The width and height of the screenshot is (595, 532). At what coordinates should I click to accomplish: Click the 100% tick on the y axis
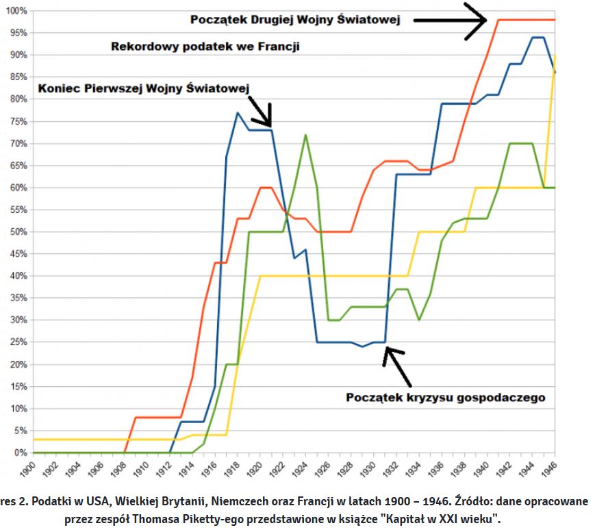click(x=15, y=11)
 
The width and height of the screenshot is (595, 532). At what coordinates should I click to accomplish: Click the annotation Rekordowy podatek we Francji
click(x=205, y=47)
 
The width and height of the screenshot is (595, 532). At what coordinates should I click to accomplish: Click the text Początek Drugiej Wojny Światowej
click(x=295, y=21)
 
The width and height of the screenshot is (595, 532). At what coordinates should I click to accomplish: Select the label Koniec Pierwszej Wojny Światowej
click(x=144, y=88)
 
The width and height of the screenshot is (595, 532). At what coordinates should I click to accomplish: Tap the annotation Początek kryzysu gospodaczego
click(x=446, y=397)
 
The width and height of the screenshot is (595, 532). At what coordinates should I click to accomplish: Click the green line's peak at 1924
click(x=305, y=135)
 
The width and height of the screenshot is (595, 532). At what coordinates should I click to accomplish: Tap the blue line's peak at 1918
click(x=238, y=112)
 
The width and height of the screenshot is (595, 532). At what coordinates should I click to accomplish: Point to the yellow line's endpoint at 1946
click(x=555, y=55)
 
